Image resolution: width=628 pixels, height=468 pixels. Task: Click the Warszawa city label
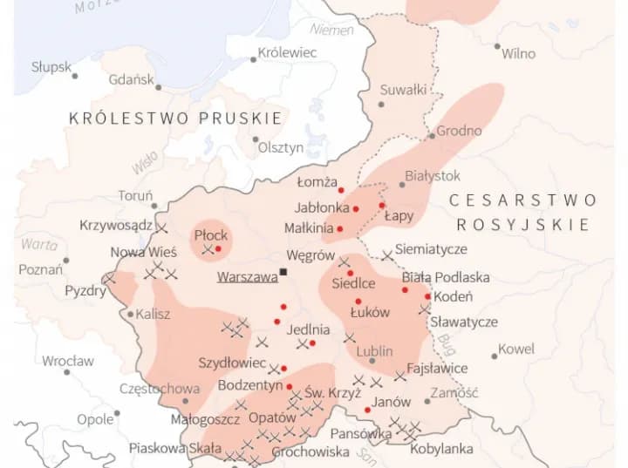tap(247, 277)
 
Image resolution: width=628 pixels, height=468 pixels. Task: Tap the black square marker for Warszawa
tap(283, 272)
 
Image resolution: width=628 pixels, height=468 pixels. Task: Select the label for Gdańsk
tap(132, 80)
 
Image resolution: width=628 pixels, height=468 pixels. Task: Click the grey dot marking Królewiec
tap(254, 59)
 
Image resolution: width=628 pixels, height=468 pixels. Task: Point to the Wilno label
tap(518, 54)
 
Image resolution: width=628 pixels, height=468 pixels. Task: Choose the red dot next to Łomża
tap(342, 190)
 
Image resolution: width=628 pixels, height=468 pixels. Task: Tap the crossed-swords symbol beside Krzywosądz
tap(161, 227)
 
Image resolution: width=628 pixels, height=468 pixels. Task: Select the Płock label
tap(211, 235)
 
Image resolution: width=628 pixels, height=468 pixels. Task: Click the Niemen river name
tap(332, 30)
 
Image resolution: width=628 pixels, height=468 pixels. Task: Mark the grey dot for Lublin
tap(372, 360)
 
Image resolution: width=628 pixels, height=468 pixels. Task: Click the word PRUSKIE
tap(241, 119)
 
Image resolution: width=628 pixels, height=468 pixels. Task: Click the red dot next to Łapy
tap(382, 206)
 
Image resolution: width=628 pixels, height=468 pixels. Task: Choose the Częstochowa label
tap(160, 389)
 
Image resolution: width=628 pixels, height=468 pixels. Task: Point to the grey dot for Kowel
tap(494, 356)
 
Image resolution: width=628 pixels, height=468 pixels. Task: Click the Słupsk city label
tap(51, 67)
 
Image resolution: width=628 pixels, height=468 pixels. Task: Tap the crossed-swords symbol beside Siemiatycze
tap(386, 255)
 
